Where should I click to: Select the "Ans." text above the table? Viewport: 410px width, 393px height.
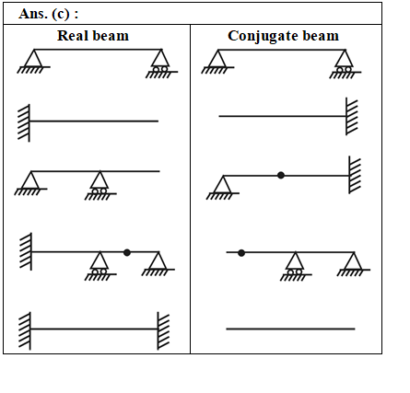coord(33,14)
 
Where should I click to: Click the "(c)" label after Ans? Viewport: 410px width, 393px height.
coord(61,14)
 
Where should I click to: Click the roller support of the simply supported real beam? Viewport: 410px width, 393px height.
coord(161,64)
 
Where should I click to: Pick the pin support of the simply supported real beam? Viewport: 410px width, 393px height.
coord(33,62)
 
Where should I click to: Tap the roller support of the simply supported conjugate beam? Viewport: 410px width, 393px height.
coord(345,64)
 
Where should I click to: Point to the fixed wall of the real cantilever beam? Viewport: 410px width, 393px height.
coord(24,123)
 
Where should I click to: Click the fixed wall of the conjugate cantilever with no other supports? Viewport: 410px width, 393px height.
coord(352,116)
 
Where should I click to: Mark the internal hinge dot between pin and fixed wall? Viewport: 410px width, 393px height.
coord(281,175)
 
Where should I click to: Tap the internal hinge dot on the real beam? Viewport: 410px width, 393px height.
coord(127,252)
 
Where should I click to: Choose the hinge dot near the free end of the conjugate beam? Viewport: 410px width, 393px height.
coord(241,253)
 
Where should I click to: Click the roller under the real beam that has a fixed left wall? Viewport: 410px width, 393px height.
coord(100,266)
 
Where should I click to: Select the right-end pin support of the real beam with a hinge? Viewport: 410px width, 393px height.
coord(158,264)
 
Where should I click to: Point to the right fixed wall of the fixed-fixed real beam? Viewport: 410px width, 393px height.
coord(163,330)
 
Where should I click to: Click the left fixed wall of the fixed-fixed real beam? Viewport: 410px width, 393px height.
coord(25,331)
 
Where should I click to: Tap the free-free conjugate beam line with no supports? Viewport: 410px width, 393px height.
coord(290,329)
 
